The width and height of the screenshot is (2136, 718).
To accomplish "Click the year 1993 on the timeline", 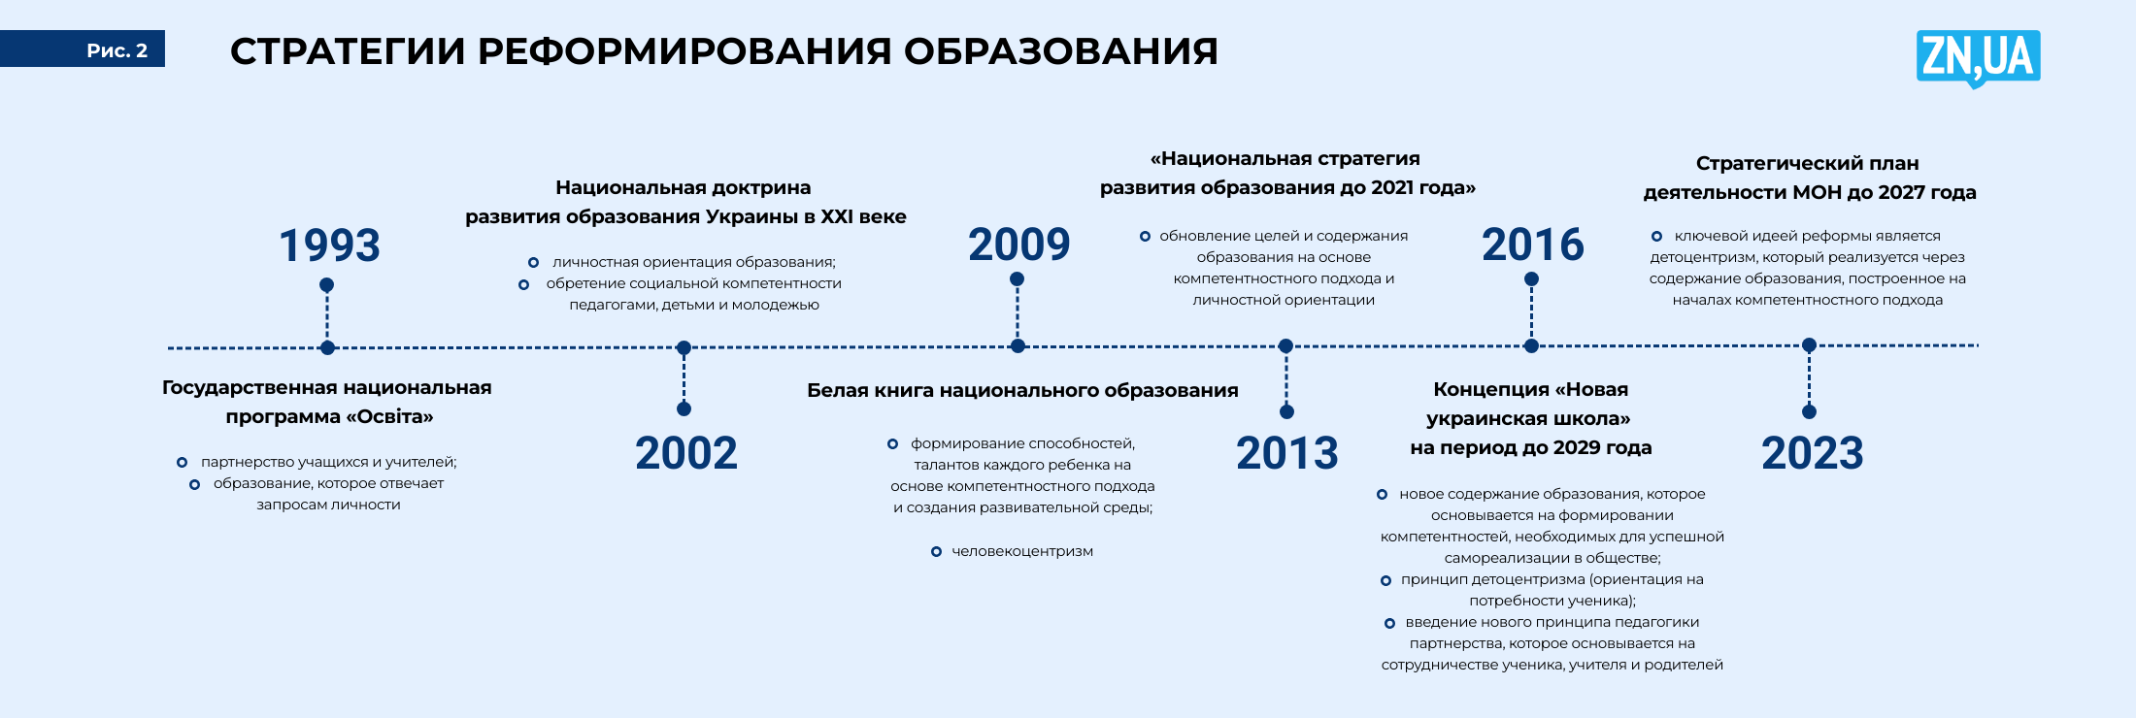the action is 329,245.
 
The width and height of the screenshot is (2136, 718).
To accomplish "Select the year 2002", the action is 686,453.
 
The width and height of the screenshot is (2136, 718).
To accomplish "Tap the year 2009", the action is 1018,245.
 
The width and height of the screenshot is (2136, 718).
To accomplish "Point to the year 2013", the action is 1286,453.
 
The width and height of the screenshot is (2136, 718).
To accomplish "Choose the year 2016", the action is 1532,245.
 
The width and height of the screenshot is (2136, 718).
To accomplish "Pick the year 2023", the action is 1813,453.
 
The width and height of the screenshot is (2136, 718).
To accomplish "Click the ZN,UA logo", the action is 1978,58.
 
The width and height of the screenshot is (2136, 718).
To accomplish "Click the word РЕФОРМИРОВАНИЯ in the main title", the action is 684,51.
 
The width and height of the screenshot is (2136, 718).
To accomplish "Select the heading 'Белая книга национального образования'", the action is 1022,390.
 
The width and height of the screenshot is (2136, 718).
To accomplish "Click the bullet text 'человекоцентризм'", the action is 1022,551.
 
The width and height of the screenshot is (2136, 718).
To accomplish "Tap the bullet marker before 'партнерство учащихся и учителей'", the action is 182,463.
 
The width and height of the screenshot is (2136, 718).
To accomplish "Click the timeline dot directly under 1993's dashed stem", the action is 327,347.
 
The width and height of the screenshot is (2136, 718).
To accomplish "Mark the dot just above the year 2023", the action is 1809,411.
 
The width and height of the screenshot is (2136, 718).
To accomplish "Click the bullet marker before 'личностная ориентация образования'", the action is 533,263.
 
